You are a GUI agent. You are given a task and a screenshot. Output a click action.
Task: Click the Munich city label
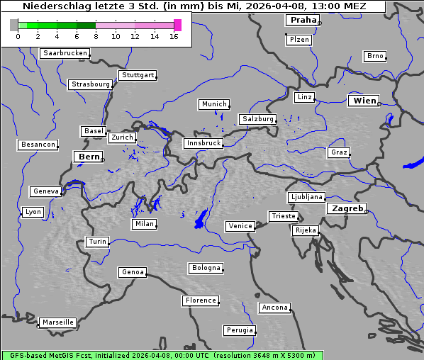click(x=214, y=104)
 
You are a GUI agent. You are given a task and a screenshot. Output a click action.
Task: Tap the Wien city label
click(x=364, y=101)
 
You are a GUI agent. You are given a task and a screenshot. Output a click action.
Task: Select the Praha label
click(x=303, y=20)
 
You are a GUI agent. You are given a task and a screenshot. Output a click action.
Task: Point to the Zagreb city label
click(x=347, y=208)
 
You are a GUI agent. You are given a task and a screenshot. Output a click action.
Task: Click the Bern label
click(x=89, y=157)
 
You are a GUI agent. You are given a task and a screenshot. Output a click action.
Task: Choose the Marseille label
click(x=58, y=322)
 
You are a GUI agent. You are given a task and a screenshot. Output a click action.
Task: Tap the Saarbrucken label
click(x=65, y=53)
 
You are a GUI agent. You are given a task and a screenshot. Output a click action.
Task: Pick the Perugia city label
click(x=239, y=330)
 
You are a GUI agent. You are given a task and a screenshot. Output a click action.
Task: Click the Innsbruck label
click(x=203, y=143)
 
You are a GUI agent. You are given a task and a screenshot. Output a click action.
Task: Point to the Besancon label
click(x=38, y=145)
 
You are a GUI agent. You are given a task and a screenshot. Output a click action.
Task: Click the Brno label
click(x=375, y=56)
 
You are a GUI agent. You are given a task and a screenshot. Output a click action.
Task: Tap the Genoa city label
click(x=133, y=272)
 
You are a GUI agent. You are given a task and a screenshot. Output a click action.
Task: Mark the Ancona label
click(x=274, y=308)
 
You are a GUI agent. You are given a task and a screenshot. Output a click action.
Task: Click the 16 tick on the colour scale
click(x=174, y=36)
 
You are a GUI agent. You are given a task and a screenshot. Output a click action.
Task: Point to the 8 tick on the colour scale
click(x=96, y=36)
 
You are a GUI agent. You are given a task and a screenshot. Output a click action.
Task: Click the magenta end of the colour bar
click(x=177, y=25)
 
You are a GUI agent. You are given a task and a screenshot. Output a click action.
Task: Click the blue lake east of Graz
click(x=412, y=164)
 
